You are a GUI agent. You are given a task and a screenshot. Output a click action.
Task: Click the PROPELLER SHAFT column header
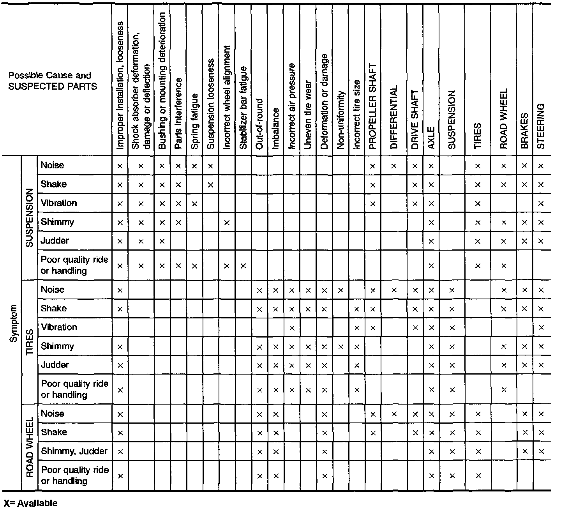coord(372,106)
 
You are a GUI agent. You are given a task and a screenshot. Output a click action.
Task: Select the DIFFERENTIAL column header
coord(393,117)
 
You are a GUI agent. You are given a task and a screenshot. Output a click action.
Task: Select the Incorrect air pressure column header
coord(292,106)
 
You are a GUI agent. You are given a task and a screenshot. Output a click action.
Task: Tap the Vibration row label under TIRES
coord(59,327)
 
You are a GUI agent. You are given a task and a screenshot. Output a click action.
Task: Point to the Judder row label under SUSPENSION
coord(55,241)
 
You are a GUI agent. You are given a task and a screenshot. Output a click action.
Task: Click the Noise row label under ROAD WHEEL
coord(53,414)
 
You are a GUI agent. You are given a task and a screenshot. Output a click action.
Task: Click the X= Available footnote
coord(30,503)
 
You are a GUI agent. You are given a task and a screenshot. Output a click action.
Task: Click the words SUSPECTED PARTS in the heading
coord(53,86)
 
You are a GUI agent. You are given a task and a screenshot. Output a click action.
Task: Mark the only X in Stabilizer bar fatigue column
coord(243,266)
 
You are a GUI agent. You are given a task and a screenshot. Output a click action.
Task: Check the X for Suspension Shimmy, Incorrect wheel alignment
coord(227,223)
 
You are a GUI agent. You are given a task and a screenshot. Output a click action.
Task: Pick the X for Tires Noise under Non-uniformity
coord(340,290)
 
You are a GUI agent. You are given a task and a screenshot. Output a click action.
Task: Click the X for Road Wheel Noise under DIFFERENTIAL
coord(393,414)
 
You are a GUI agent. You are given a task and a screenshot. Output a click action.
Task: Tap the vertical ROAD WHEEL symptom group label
coord(30,447)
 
